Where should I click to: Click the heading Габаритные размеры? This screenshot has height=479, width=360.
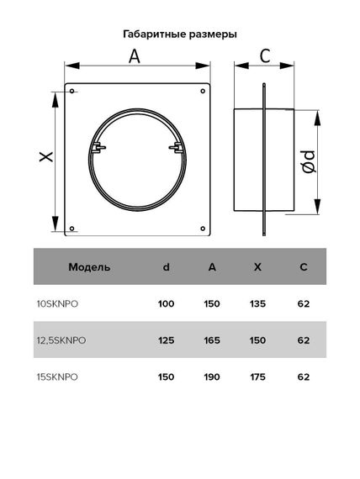180,34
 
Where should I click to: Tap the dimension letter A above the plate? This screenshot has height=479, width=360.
135,56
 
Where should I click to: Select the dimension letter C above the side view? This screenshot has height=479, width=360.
264,56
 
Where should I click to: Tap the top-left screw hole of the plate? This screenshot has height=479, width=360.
73,91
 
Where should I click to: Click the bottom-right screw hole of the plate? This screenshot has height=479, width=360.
202,226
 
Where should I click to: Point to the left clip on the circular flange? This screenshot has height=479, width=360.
100,149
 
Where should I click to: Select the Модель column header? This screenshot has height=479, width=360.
89,267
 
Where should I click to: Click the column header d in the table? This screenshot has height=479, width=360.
166,267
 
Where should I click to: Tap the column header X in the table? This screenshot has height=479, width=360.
257,267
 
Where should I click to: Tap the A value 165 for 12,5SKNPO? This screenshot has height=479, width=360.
211,340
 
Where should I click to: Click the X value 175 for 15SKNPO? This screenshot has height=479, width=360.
257,376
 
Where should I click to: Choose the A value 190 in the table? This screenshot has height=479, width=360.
211,376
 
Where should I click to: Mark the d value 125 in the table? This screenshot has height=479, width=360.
166,340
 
